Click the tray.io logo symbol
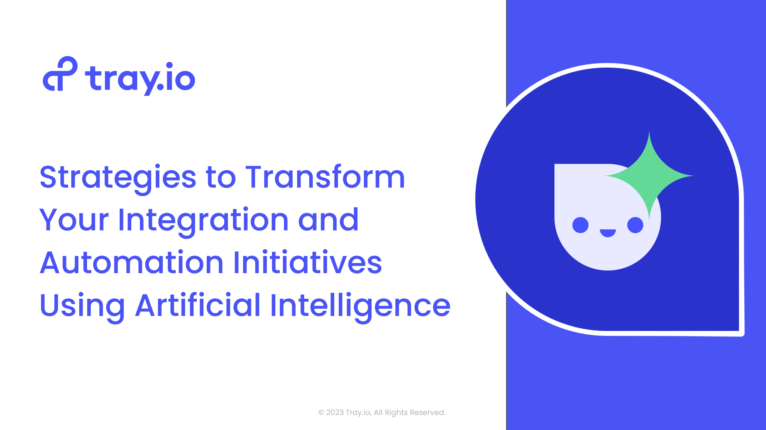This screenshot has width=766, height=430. [60, 74]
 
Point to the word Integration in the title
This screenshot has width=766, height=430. [203, 221]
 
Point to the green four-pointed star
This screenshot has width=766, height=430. [649, 176]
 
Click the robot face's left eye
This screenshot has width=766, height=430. [580, 225]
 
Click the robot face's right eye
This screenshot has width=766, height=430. [635, 225]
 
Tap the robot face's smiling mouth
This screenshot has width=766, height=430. [608, 233]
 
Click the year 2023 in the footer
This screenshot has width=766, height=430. [335, 412]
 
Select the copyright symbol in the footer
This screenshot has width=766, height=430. [321, 413]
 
